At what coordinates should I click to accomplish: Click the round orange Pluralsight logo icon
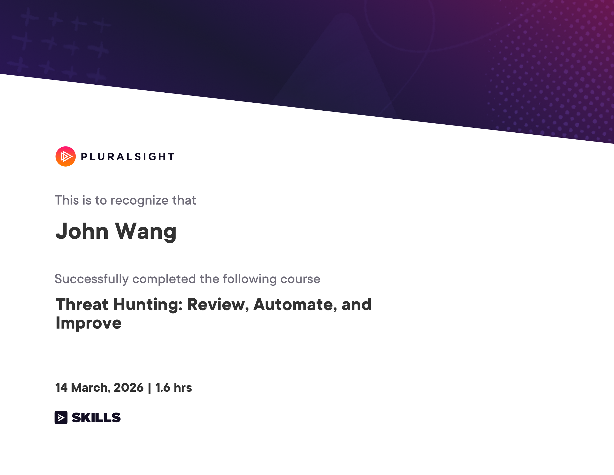(65, 157)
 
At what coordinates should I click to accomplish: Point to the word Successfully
(91, 279)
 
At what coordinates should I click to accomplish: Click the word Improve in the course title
(89, 323)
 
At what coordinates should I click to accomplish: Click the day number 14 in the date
(61, 387)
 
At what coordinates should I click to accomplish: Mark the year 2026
(129, 387)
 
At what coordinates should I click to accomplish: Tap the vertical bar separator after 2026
(149, 388)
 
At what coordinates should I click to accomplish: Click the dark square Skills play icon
(61, 417)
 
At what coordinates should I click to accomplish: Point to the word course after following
(300, 279)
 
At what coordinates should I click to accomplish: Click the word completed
(164, 279)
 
